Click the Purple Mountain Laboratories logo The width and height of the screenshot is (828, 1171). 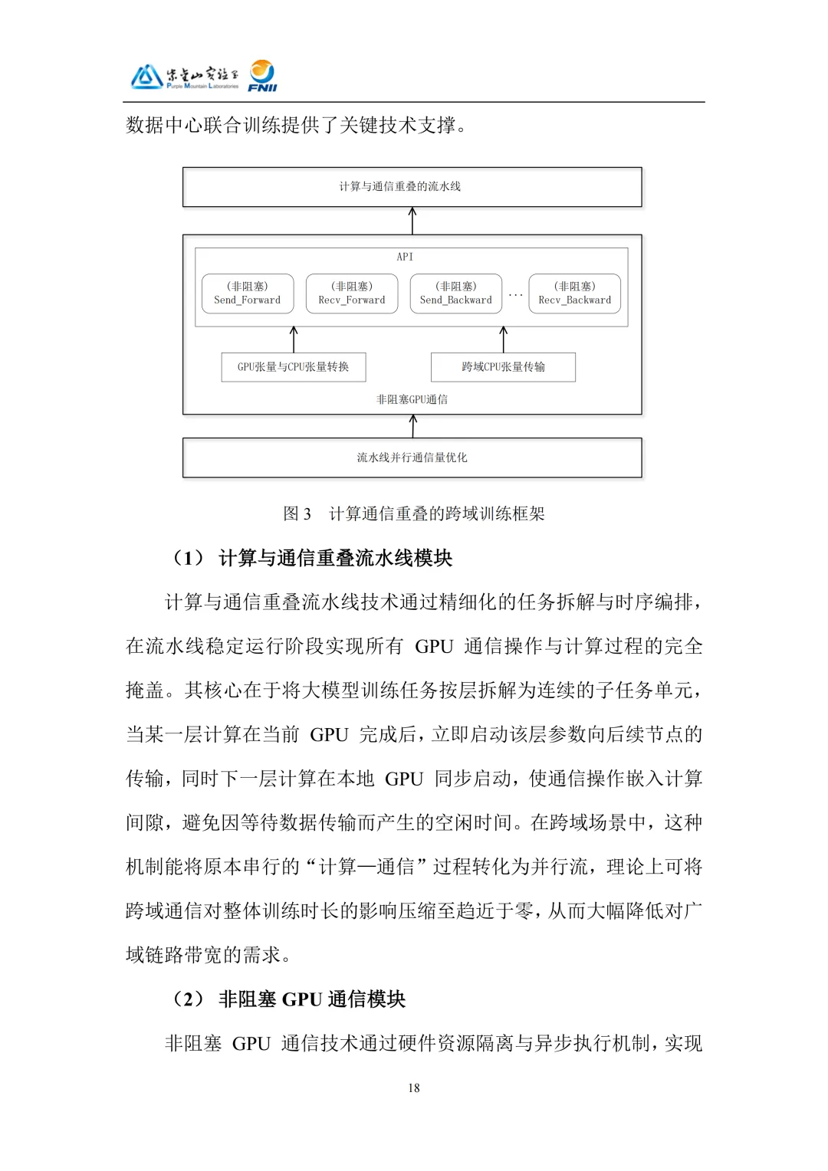(x=184, y=77)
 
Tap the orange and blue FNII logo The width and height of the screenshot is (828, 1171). (x=262, y=76)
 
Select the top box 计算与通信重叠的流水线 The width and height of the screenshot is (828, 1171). (x=412, y=187)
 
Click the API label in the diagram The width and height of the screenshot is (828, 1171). (x=405, y=257)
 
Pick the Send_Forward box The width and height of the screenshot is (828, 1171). (x=248, y=294)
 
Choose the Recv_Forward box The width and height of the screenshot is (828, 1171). (x=352, y=294)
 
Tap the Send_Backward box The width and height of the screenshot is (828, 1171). (x=456, y=294)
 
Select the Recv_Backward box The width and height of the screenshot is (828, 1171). (x=575, y=294)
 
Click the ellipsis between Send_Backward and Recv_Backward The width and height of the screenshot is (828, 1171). (x=515, y=295)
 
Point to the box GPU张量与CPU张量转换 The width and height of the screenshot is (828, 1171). (x=293, y=367)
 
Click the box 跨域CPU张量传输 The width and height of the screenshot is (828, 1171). (x=503, y=367)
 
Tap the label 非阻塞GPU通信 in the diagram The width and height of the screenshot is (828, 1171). (x=412, y=399)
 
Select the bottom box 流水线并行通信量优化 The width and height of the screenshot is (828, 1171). (x=412, y=458)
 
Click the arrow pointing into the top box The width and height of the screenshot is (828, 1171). (x=412, y=221)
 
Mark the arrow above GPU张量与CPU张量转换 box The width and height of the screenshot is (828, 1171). (x=294, y=339)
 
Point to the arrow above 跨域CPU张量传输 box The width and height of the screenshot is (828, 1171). (x=503, y=339)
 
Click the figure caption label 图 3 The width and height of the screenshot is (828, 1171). (x=297, y=513)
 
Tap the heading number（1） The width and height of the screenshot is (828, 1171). (x=189, y=558)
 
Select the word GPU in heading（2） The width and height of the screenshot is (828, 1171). (x=301, y=999)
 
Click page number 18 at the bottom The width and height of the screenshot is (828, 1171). (x=414, y=1087)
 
